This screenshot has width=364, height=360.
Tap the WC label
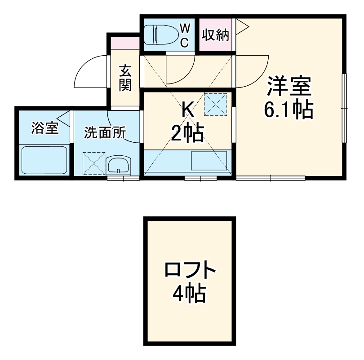pos(185,34)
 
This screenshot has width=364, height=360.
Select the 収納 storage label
pos(215,35)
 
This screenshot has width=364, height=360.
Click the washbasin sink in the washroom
pos(119,165)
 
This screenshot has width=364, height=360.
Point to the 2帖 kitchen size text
pos(187,133)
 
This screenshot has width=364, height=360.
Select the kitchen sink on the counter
pos(209,161)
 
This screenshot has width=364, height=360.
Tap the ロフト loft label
pos(190,270)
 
